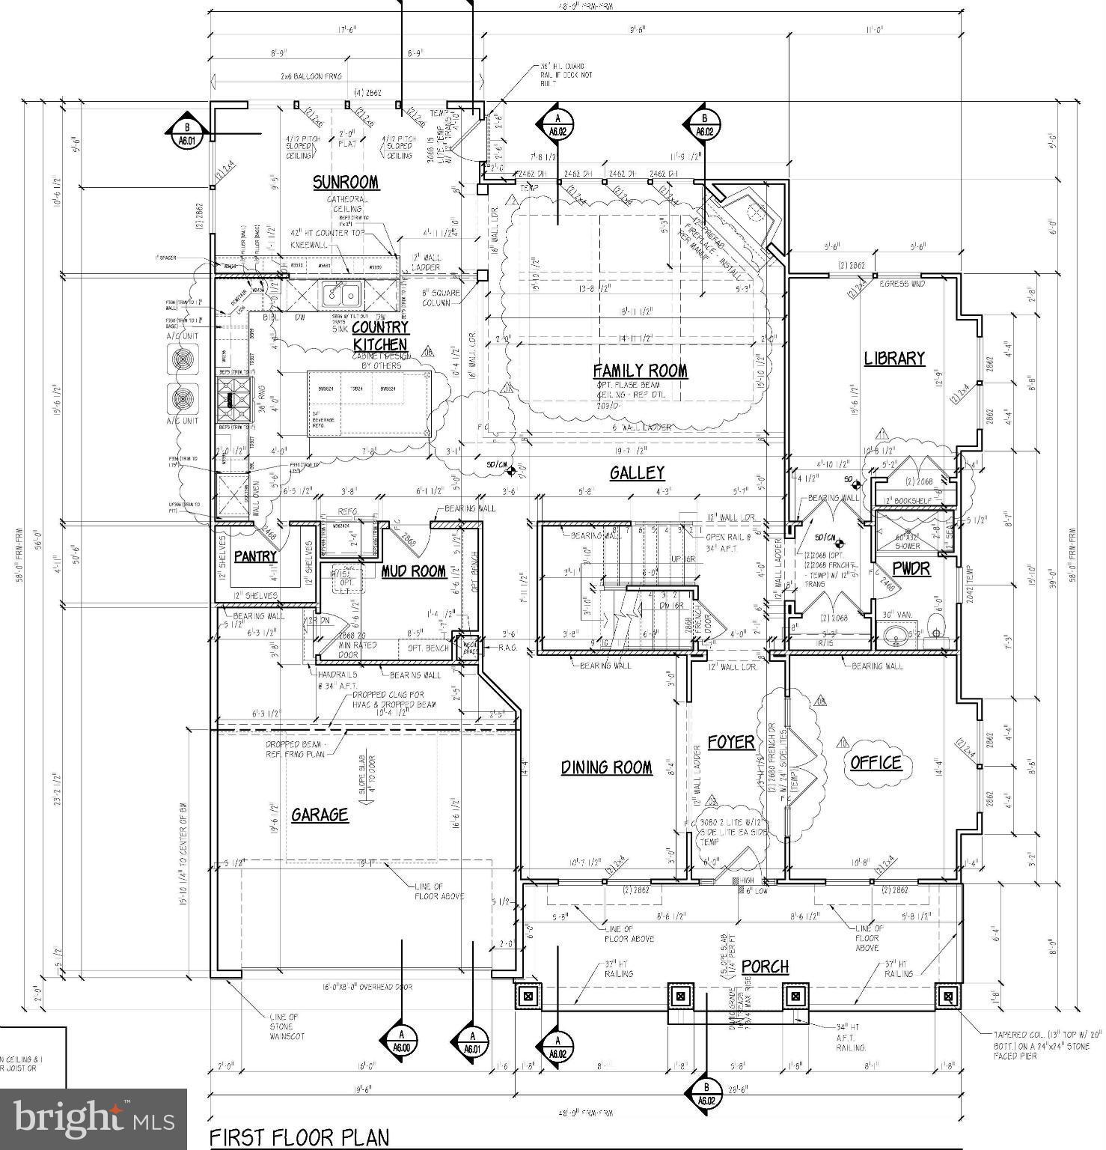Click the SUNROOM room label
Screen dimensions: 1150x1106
(x=345, y=183)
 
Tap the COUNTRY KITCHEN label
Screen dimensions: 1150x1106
(x=380, y=335)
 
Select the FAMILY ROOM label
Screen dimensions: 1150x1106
(x=640, y=371)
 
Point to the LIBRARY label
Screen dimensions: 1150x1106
(x=894, y=359)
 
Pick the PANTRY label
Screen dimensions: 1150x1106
(x=256, y=556)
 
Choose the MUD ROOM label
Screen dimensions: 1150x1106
(x=414, y=572)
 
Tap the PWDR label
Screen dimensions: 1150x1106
(x=911, y=569)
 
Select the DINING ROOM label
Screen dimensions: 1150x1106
(x=606, y=767)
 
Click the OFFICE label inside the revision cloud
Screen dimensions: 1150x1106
(x=876, y=762)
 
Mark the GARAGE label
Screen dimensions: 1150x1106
(x=320, y=815)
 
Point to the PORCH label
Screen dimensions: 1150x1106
(x=765, y=967)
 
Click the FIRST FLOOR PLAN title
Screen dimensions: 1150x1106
(x=299, y=1137)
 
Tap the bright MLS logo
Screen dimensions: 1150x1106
(x=94, y=1119)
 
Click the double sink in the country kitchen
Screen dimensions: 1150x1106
(x=341, y=294)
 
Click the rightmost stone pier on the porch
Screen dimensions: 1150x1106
(x=948, y=997)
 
